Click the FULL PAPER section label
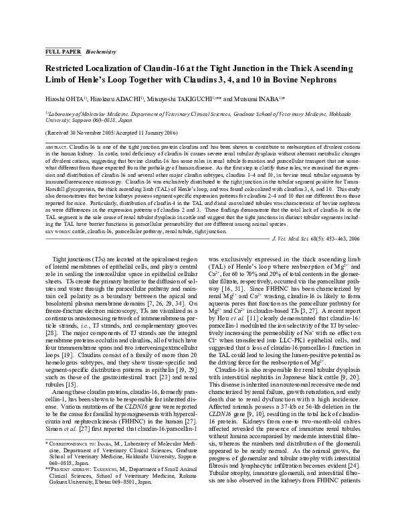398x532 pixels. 62,51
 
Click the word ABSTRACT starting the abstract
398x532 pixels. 56,145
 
